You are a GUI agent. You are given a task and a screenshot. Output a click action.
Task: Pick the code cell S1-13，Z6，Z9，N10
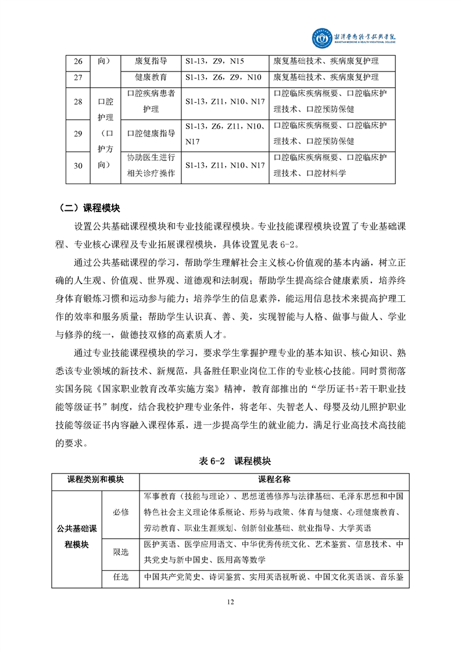[x=223, y=77]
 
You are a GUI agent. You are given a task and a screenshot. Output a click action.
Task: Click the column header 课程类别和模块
[x=96, y=480]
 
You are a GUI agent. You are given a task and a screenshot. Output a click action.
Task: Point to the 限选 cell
[x=121, y=553]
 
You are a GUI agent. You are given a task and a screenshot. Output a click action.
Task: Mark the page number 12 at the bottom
[x=231, y=602]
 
